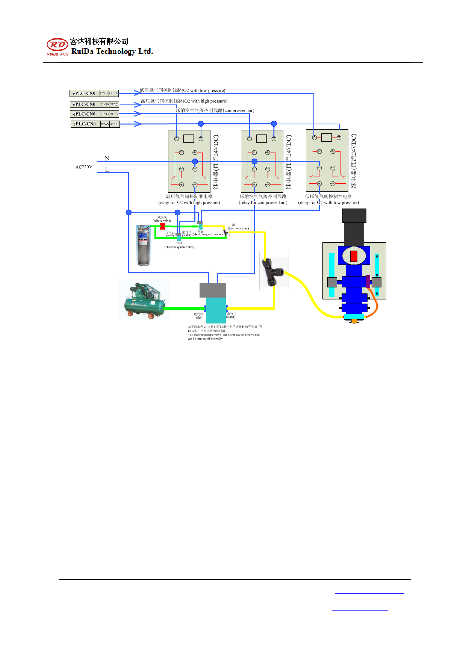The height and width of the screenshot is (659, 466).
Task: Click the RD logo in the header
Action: (57, 45)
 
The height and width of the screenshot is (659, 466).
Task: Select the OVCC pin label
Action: (114, 124)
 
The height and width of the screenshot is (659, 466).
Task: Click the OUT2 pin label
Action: (114, 104)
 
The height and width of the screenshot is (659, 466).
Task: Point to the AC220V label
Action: (84, 167)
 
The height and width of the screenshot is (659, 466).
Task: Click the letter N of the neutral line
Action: (107, 159)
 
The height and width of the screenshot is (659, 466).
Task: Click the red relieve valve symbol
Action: (163, 226)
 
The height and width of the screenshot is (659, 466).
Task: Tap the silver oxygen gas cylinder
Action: (143, 245)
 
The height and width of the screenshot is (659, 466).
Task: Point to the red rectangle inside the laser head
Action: (354, 256)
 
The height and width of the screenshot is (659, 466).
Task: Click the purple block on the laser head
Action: (368, 281)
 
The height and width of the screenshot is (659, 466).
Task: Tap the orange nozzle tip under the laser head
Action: (354, 322)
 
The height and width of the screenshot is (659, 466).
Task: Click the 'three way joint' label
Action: (239, 228)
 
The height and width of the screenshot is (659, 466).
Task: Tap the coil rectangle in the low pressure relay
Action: (327, 138)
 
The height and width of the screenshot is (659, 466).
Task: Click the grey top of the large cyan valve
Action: (213, 290)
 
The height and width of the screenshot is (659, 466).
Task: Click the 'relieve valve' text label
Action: (162, 221)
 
